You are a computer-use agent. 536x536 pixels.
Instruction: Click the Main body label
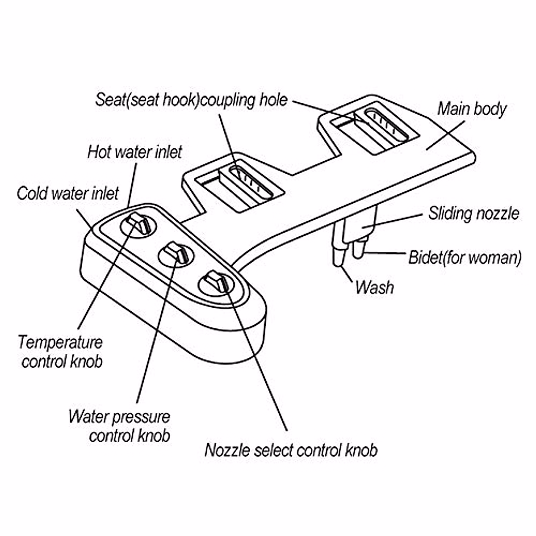[x=472, y=109]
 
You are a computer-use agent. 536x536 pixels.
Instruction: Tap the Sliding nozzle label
[x=473, y=214]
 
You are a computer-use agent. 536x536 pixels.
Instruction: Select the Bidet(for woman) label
[x=465, y=258]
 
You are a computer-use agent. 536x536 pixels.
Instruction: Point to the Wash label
[x=374, y=287]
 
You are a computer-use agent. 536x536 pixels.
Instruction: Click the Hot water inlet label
[x=135, y=152]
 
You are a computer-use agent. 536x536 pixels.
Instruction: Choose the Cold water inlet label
[x=68, y=193]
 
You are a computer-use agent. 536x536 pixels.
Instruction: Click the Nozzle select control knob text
[x=291, y=450]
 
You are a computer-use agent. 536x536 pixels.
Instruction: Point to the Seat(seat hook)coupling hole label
[x=192, y=100]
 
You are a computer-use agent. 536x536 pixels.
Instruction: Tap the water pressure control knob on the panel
[x=175, y=252]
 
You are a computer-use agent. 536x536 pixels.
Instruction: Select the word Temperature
[x=60, y=343]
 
